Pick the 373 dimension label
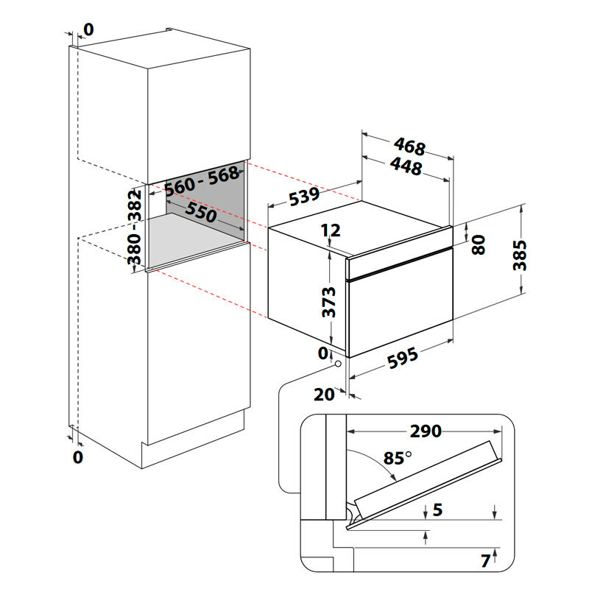[x=330, y=303]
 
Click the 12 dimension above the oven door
[x=331, y=230]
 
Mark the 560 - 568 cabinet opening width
[x=202, y=181]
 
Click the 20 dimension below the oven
[x=324, y=395]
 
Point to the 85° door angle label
[x=398, y=458]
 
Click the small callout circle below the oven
[x=338, y=363]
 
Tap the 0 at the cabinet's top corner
[x=89, y=29]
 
